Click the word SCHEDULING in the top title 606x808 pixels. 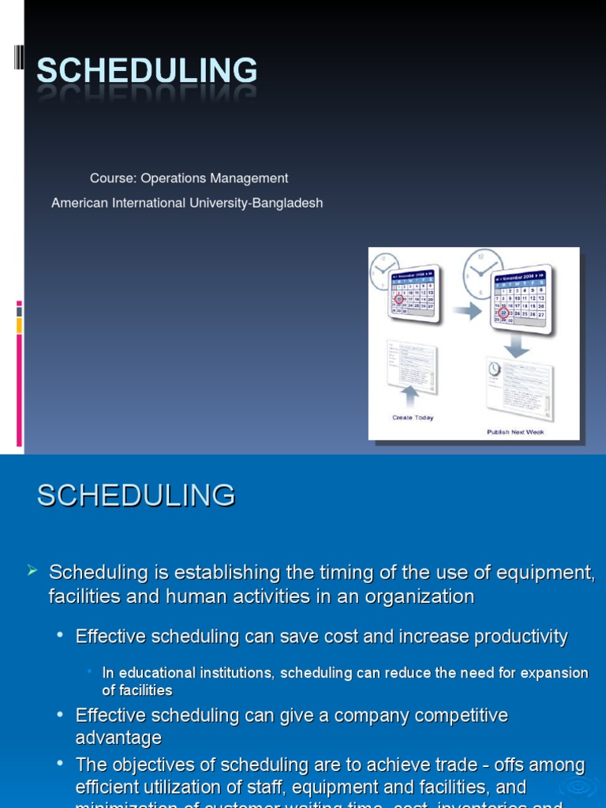pyautogui.click(x=147, y=71)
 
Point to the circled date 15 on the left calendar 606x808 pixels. pyautogui.click(x=399, y=299)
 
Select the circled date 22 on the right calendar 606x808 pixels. pyautogui.click(x=503, y=313)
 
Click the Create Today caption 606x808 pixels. pyautogui.click(x=413, y=417)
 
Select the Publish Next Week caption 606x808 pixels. pyautogui.click(x=514, y=432)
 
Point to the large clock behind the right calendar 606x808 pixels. pyautogui.click(x=481, y=272)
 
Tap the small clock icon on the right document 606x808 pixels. pyautogui.click(x=494, y=369)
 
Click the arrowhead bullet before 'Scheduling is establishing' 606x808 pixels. pyautogui.click(x=32, y=570)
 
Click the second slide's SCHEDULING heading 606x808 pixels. pyautogui.click(x=136, y=496)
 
